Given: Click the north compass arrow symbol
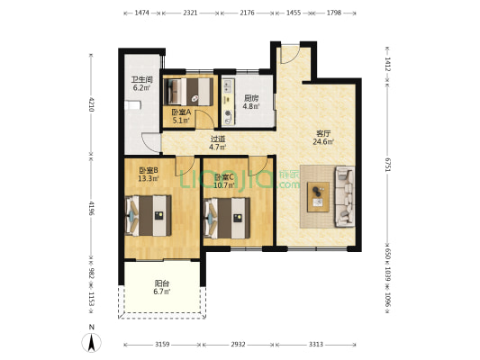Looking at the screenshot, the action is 91,343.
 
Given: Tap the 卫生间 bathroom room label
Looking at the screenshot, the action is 141,80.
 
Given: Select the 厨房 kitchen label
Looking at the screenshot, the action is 251,98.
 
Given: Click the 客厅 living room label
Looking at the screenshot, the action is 323,134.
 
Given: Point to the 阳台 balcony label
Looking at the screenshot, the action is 161,283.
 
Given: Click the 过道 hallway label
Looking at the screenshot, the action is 218,139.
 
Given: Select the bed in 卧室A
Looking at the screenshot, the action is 188,92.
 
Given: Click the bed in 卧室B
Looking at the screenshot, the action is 149,216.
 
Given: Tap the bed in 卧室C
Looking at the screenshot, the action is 227,218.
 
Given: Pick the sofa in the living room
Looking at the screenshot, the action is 345,197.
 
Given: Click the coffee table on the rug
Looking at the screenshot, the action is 319,197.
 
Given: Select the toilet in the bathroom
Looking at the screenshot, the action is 132,105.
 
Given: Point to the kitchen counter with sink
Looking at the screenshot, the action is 228,102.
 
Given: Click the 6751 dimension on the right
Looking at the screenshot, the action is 387,165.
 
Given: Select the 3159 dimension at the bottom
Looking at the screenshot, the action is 162,345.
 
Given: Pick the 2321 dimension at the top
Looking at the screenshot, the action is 190,13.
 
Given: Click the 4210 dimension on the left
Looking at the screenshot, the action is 91,104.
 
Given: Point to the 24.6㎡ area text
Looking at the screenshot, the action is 323,141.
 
